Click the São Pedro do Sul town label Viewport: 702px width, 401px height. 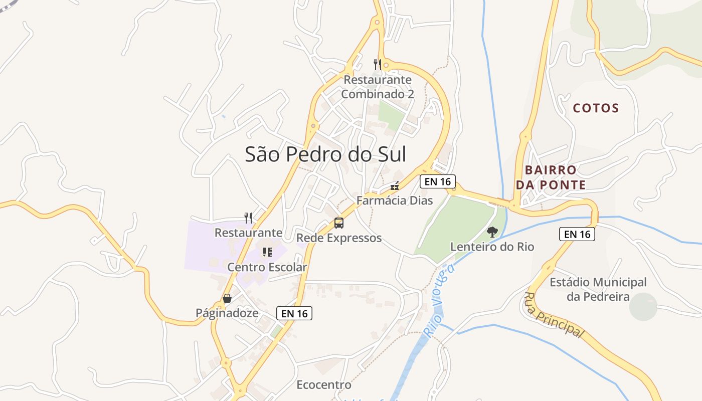tap(325, 154)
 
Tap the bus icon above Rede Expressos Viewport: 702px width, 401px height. tap(339, 223)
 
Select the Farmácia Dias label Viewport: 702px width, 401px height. tap(395, 200)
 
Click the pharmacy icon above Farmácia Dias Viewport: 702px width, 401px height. tap(395, 186)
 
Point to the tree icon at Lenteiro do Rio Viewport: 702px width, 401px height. tap(492, 232)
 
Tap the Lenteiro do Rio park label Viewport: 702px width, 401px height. tap(492, 247)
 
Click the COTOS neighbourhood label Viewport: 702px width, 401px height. tap(596, 108)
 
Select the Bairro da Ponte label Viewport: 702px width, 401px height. tap(551, 177)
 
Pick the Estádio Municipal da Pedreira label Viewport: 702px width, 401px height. tap(598, 289)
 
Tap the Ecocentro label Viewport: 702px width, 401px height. tap(324, 385)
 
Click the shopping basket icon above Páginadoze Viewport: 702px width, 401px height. tap(227, 298)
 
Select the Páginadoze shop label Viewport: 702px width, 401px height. tap(227, 313)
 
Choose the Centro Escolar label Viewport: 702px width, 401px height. tap(267, 267)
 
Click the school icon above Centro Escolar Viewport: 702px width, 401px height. tap(267, 252)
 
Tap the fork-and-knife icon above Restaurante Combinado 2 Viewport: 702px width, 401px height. tap(378, 64)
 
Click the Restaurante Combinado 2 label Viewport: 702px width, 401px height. tap(378, 87)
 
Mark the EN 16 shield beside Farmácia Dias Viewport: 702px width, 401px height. tap(438, 181)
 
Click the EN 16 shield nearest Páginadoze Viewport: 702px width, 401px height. tap(294, 313)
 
